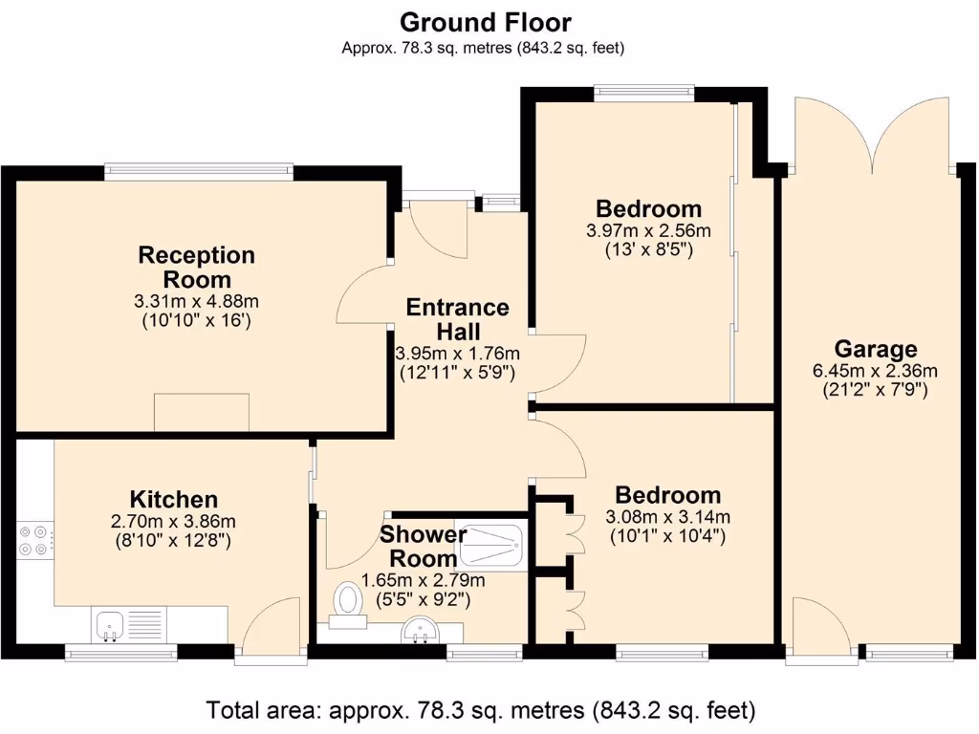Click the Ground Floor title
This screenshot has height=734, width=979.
coord(485,21)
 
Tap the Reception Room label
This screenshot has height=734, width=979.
coord(197,268)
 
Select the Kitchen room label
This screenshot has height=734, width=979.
coord(174,499)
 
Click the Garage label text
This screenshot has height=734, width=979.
coord(875,349)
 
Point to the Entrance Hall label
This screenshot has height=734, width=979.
coord(458,319)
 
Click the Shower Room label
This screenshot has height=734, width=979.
coord(423,546)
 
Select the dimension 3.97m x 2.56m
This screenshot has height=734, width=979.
coord(648,230)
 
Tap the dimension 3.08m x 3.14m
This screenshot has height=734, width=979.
coord(667,517)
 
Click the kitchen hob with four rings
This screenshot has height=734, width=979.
coord(35,541)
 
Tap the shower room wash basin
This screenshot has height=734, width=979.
coord(417,631)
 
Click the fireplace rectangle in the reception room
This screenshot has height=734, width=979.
coord(202,412)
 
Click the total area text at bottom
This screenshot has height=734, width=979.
coord(481,710)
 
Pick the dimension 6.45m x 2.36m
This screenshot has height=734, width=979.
coord(875,371)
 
